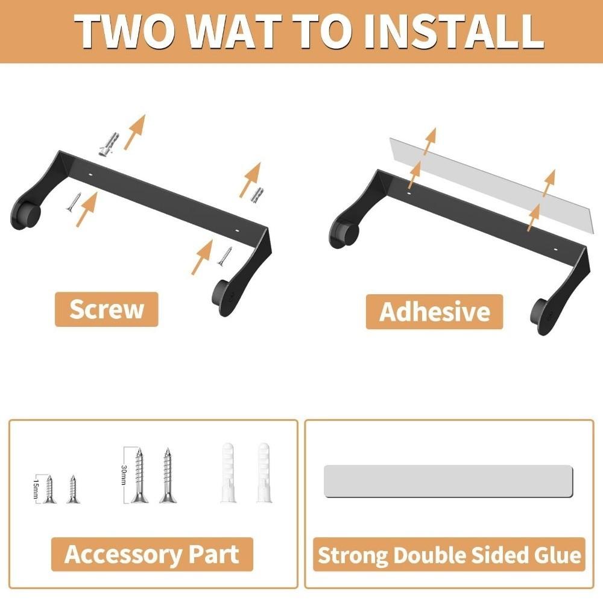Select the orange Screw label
click(106, 309)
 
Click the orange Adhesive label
click(434, 312)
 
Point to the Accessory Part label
click(151, 554)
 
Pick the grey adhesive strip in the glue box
click(448, 481)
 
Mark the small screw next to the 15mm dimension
click(49, 488)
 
